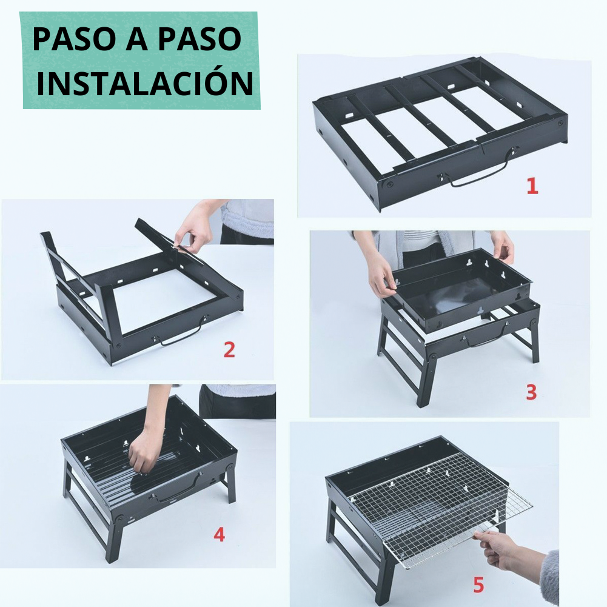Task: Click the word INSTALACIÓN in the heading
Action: point(144,83)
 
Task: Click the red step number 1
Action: point(532,186)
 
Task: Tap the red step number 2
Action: point(229,350)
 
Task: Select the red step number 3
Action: point(531,392)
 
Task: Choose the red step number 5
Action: point(478,585)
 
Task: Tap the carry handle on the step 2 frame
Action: point(182,335)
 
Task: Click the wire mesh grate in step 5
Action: point(437,509)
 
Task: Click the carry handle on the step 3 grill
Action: point(485,337)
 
